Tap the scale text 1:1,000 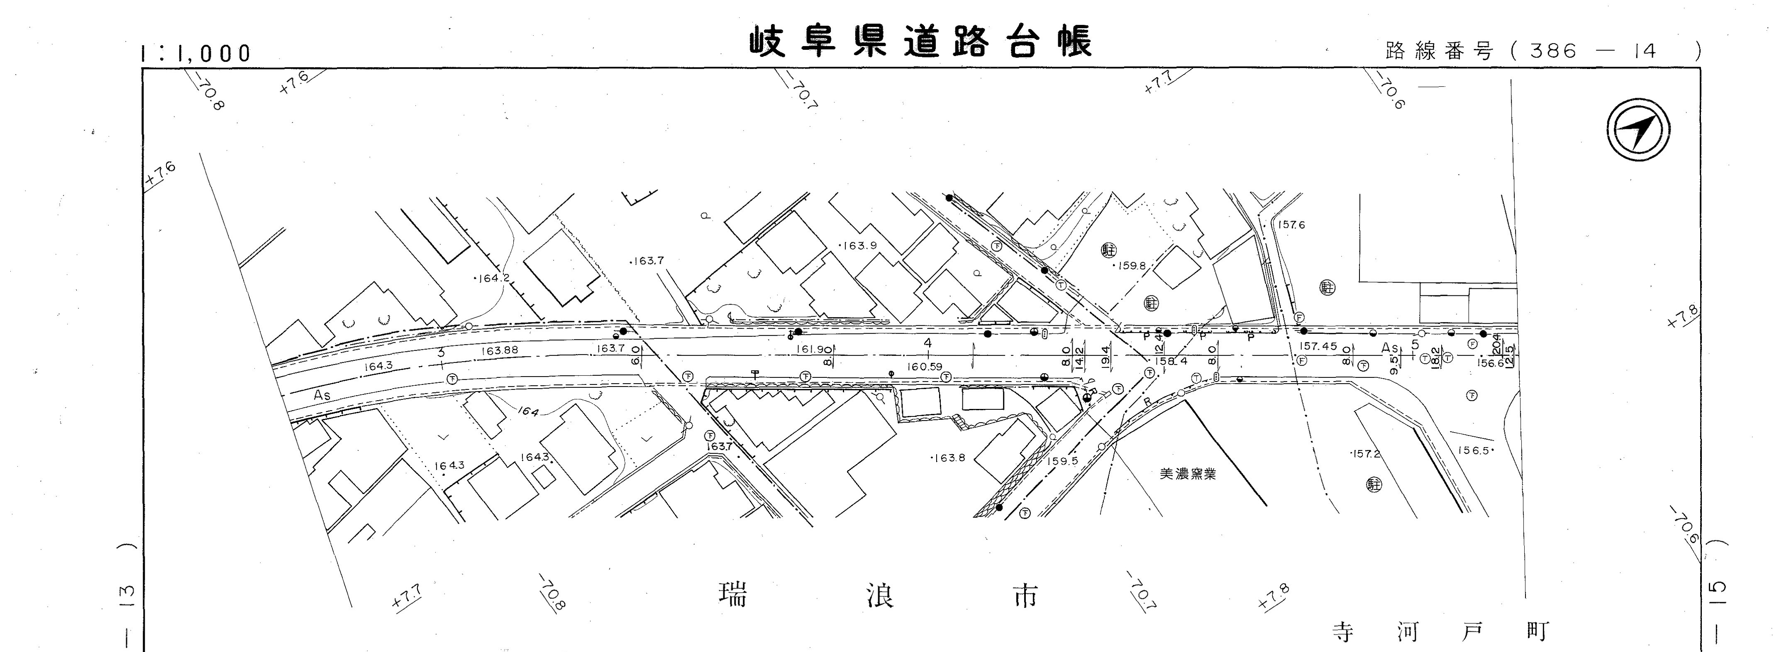pyautogui.click(x=196, y=53)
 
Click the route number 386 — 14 pyautogui.click(x=1593, y=51)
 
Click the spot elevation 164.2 pyautogui.click(x=493, y=278)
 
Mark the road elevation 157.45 pyautogui.click(x=1318, y=346)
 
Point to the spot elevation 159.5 pyautogui.click(x=1062, y=461)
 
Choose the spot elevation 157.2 pyautogui.click(x=1366, y=454)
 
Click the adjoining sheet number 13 pyautogui.click(x=127, y=593)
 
